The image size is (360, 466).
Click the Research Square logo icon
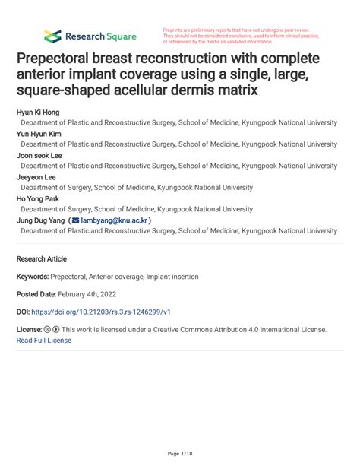[x=52, y=36]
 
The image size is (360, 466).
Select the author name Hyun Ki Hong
[x=36, y=111]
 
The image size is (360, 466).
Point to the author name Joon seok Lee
[x=39, y=154]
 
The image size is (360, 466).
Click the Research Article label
[x=42, y=258]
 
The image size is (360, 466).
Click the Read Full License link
[x=43, y=341]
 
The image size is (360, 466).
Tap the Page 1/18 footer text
[x=180, y=454]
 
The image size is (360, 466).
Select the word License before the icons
[x=29, y=330]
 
